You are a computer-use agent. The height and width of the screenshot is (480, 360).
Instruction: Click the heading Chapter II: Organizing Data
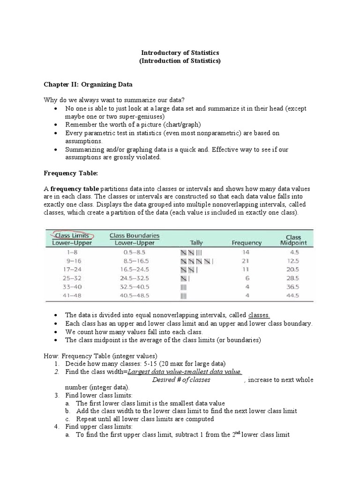88,85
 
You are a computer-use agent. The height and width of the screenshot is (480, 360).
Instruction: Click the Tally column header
196,243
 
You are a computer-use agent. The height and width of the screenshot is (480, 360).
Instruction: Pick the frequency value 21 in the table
246,261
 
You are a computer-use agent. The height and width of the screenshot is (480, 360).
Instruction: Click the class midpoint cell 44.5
293,295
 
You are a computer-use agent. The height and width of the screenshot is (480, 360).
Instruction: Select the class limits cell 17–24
68,269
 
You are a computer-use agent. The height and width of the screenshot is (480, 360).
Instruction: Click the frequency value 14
246,252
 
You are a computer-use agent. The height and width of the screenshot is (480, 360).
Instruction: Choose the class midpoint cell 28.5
293,278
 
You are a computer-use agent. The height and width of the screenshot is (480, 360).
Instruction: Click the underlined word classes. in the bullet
259,315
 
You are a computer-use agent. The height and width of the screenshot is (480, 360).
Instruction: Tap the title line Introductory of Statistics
180,53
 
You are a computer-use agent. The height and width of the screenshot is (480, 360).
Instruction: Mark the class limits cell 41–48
68,295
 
